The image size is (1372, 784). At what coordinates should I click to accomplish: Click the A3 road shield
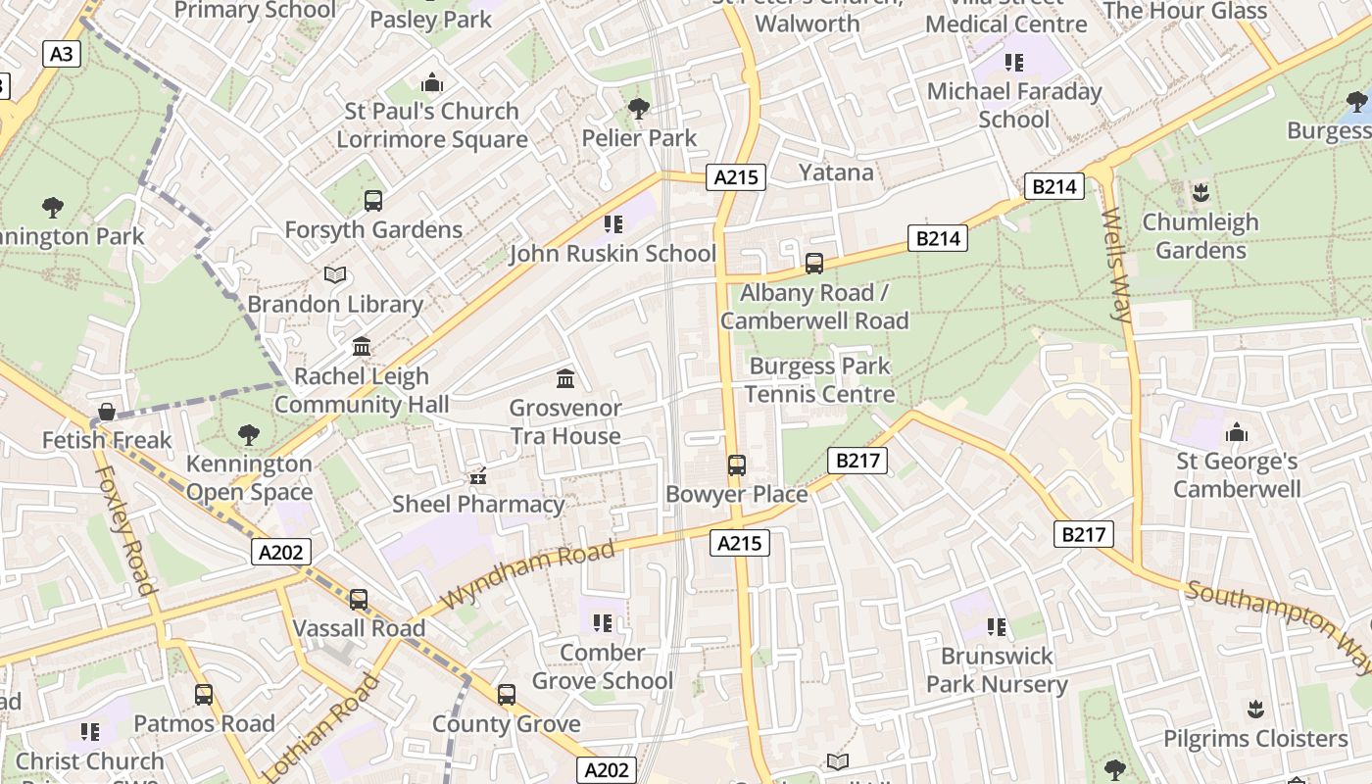coord(61,54)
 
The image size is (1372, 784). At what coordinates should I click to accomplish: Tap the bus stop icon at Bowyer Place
coord(736,465)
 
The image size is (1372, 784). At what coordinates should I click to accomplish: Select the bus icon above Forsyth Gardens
coord(373,201)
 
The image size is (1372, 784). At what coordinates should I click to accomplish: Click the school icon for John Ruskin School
coord(613,224)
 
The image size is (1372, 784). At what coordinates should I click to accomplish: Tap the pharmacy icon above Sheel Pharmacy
coord(478,476)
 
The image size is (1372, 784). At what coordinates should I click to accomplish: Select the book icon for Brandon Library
coord(335,275)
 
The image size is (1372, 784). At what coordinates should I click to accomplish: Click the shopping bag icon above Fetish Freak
coord(107,413)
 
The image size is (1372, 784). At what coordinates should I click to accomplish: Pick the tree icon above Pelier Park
coord(639,109)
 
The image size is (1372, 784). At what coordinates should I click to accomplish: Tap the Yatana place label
coord(835,172)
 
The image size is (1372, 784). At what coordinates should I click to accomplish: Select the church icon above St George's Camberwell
coord(1237,432)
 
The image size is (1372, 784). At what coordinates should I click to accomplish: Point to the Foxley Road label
coord(125,530)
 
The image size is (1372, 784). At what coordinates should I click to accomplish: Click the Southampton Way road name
coord(1279,624)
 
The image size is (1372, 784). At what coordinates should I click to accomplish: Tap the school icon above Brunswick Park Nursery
coord(997,626)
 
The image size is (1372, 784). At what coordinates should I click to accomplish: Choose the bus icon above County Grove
coord(507,695)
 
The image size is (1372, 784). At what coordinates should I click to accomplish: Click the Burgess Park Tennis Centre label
coord(820,380)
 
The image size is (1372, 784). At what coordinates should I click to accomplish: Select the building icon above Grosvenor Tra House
coord(565,378)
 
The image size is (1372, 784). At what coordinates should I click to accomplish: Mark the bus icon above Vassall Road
coord(359,600)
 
